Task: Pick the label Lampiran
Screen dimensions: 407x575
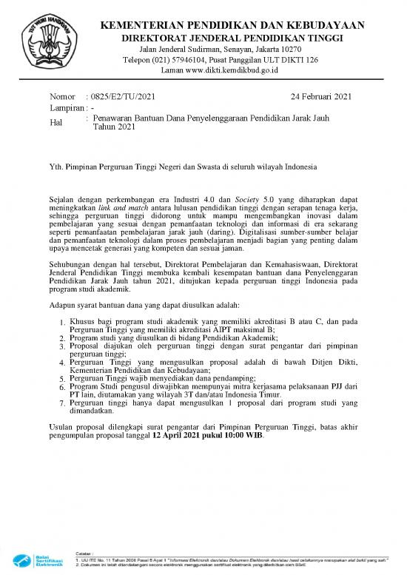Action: (65, 108)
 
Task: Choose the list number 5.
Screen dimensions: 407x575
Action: (62, 378)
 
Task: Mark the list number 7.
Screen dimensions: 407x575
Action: (62, 404)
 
